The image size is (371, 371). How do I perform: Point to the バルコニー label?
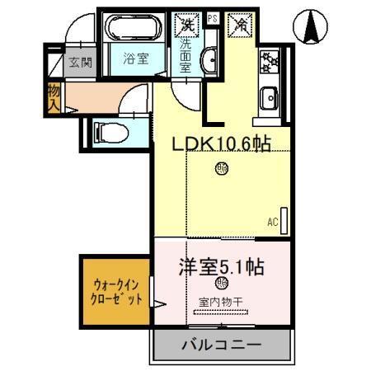coord(220,345)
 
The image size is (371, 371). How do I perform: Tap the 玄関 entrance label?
coord(79,62)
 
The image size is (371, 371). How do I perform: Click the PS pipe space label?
coord(212,17)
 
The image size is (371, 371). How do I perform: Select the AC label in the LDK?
coord(272,221)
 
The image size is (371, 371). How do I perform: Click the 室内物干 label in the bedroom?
coord(220,302)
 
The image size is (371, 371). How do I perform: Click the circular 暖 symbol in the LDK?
coord(222,170)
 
